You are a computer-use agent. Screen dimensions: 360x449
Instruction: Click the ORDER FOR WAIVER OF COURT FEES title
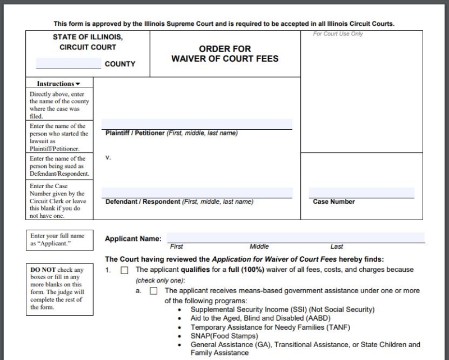tap(224, 54)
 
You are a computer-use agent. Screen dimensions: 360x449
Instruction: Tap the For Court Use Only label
tap(338, 34)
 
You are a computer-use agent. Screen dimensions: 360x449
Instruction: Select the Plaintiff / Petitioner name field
tap(196, 124)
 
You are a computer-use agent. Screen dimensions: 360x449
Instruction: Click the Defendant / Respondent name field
tap(196, 193)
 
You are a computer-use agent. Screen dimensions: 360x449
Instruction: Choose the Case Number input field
tap(361, 193)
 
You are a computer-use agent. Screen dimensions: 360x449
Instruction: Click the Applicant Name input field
tap(295, 238)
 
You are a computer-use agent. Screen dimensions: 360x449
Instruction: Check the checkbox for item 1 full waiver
tap(125, 270)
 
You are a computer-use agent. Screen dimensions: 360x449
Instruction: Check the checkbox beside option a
tap(153, 291)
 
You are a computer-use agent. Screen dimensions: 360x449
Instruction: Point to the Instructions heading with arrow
tap(59, 84)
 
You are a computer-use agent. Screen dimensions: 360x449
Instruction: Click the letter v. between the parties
tap(108, 157)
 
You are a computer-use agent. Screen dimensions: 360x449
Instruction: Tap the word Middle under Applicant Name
tap(259, 247)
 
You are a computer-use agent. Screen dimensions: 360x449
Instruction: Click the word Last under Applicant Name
tap(337, 247)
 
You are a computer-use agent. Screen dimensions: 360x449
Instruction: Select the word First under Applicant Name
tap(176, 247)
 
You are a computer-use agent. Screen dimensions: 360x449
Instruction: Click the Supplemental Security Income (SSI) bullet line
tap(282, 309)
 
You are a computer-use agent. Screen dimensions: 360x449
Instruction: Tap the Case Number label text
tap(334, 202)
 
